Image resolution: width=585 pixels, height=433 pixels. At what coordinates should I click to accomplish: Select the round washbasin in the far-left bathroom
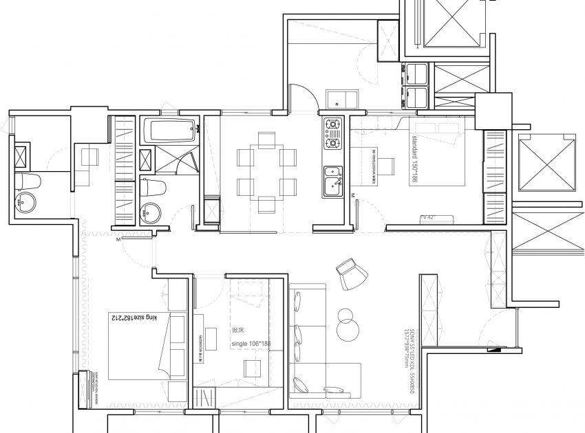[27, 203]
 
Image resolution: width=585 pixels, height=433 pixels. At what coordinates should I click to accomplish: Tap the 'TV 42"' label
[429, 218]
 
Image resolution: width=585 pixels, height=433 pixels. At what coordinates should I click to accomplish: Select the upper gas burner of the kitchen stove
[334, 126]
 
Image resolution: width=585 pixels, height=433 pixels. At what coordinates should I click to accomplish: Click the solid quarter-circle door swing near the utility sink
[301, 96]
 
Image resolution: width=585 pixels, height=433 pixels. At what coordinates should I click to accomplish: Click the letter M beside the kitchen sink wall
[352, 196]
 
